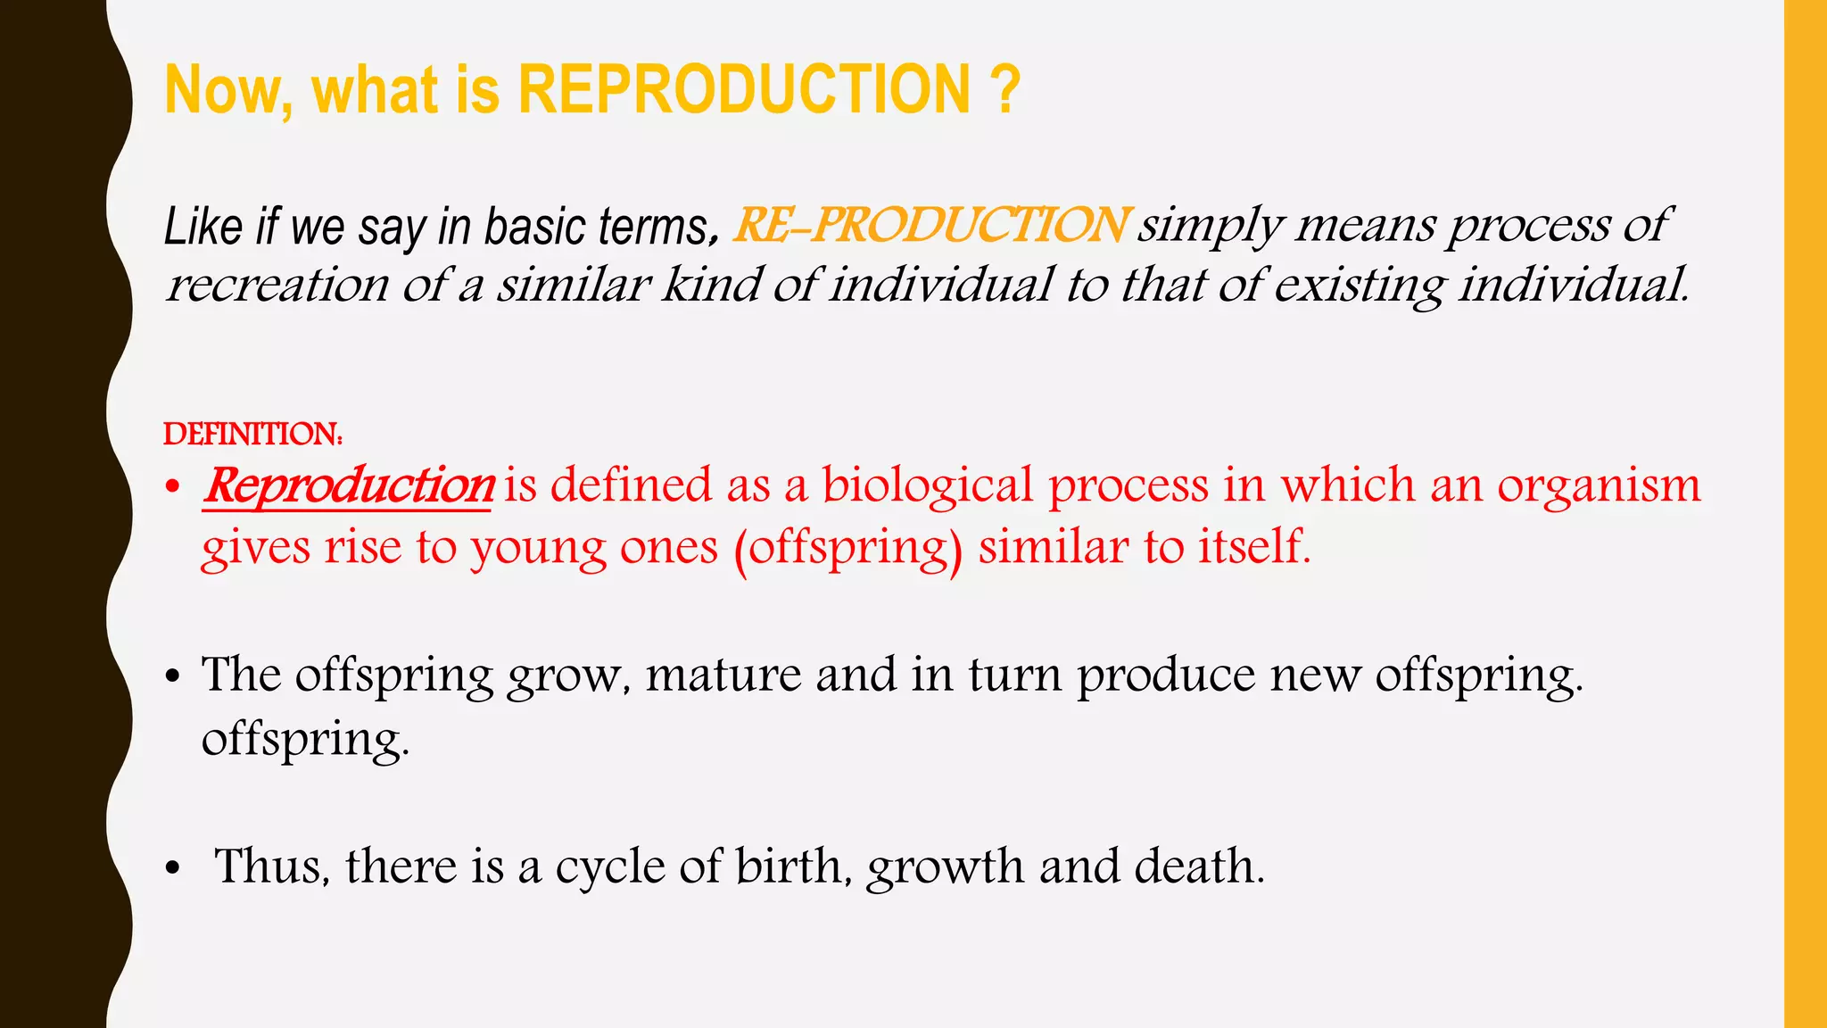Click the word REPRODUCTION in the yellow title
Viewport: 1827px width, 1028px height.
click(x=744, y=90)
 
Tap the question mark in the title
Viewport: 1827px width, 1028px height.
click(x=1004, y=90)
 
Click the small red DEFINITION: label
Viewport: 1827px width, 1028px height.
click(x=252, y=435)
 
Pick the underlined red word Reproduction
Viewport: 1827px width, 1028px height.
click(x=348, y=486)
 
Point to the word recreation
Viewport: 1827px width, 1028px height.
click(x=277, y=286)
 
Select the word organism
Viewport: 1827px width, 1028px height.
click(x=1599, y=486)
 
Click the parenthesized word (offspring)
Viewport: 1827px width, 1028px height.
click(x=847, y=549)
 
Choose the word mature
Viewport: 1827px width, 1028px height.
click(x=723, y=675)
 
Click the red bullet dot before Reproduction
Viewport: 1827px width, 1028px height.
click(x=173, y=488)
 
